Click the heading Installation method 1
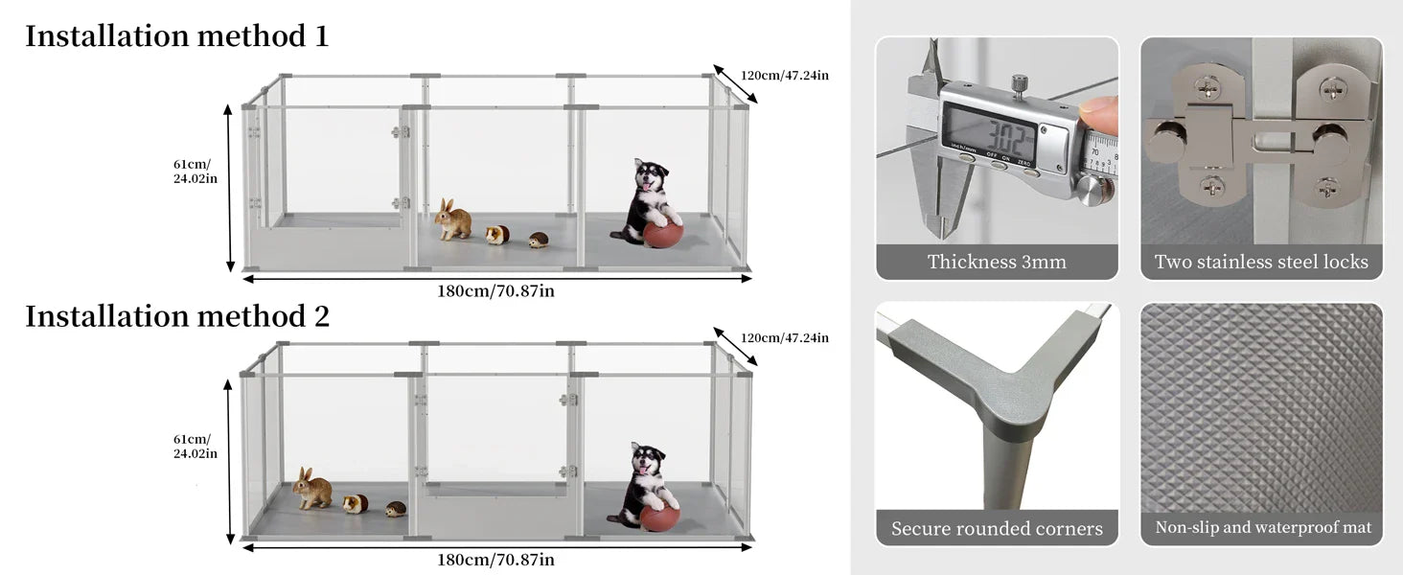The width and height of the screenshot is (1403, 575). [176, 36]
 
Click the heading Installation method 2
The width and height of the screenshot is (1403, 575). [177, 316]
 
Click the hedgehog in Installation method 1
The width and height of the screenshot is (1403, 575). [539, 239]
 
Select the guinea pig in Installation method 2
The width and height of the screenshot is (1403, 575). [356, 503]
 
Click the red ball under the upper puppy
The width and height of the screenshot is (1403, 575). [663, 234]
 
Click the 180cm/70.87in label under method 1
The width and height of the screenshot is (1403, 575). [495, 291]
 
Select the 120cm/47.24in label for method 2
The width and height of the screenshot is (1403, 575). [784, 337]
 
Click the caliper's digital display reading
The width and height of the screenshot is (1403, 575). [991, 130]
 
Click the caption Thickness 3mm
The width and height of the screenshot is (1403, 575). [997, 262]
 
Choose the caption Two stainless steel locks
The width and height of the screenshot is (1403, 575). [1261, 262]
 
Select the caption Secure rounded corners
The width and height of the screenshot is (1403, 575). [997, 528]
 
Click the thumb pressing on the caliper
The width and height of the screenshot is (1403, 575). [1099, 113]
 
